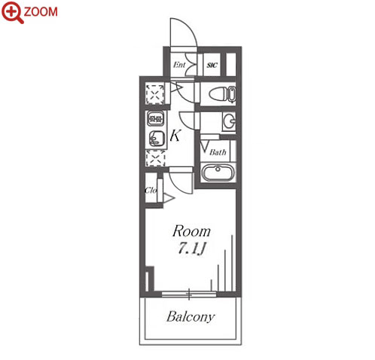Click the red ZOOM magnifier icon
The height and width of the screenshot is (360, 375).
pos(12,12)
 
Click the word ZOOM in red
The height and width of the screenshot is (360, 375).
pos(41,12)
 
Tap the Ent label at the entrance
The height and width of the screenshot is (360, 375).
pos(179,65)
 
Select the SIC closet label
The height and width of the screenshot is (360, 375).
pos(212,66)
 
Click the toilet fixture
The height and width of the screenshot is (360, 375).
pos(222,94)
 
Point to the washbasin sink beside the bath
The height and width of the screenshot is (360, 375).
pos(230,121)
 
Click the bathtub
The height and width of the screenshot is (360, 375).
pos(218,172)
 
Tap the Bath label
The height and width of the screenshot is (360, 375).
pos(218,152)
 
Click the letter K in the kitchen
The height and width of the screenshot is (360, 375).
pos(175,136)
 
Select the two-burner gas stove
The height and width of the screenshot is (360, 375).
pos(156,118)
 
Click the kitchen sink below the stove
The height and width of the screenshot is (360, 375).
pos(157,138)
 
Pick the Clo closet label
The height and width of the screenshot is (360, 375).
pos(151,191)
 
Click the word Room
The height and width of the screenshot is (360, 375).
pos(191,231)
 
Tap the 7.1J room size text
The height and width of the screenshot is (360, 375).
pos(192,249)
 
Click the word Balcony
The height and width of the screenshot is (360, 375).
pos(191,317)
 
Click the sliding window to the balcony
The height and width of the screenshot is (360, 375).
pos(189,294)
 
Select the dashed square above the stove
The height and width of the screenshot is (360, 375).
pos(155,94)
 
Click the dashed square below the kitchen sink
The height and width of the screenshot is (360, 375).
pos(156,158)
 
